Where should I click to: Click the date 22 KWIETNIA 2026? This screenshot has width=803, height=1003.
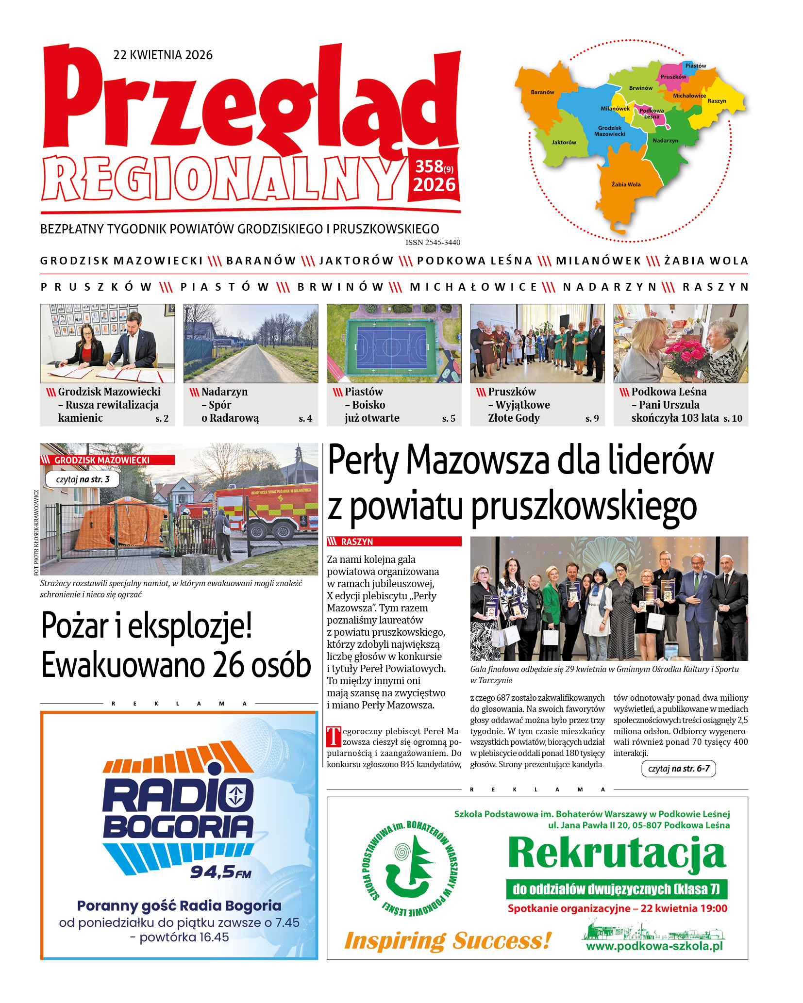click(x=163, y=55)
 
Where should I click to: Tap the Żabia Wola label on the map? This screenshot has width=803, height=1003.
click(x=626, y=184)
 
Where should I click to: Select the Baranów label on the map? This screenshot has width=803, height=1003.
click(x=542, y=92)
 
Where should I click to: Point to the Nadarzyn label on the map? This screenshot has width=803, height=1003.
click(x=665, y=141)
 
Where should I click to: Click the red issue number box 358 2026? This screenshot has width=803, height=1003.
click(x=434, y=176)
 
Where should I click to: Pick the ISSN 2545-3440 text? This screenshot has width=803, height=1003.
click(x=433, y=243)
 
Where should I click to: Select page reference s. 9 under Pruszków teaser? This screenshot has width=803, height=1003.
click(x=592, y=418)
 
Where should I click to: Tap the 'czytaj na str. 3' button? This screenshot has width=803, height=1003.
click(x=83, y=479)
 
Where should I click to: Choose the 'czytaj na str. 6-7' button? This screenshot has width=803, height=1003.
click(x=678, y=769)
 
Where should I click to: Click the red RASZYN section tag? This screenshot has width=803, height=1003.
click(x=394, y=542)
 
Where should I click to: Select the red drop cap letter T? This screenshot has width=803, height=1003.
click(x=334, y=737)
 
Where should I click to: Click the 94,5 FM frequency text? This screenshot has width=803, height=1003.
click(x=221, y=872)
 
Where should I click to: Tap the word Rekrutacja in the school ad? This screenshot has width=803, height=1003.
click(x=617, y=854)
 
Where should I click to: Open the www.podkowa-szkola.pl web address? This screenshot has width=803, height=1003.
click(x=654, y=946)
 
